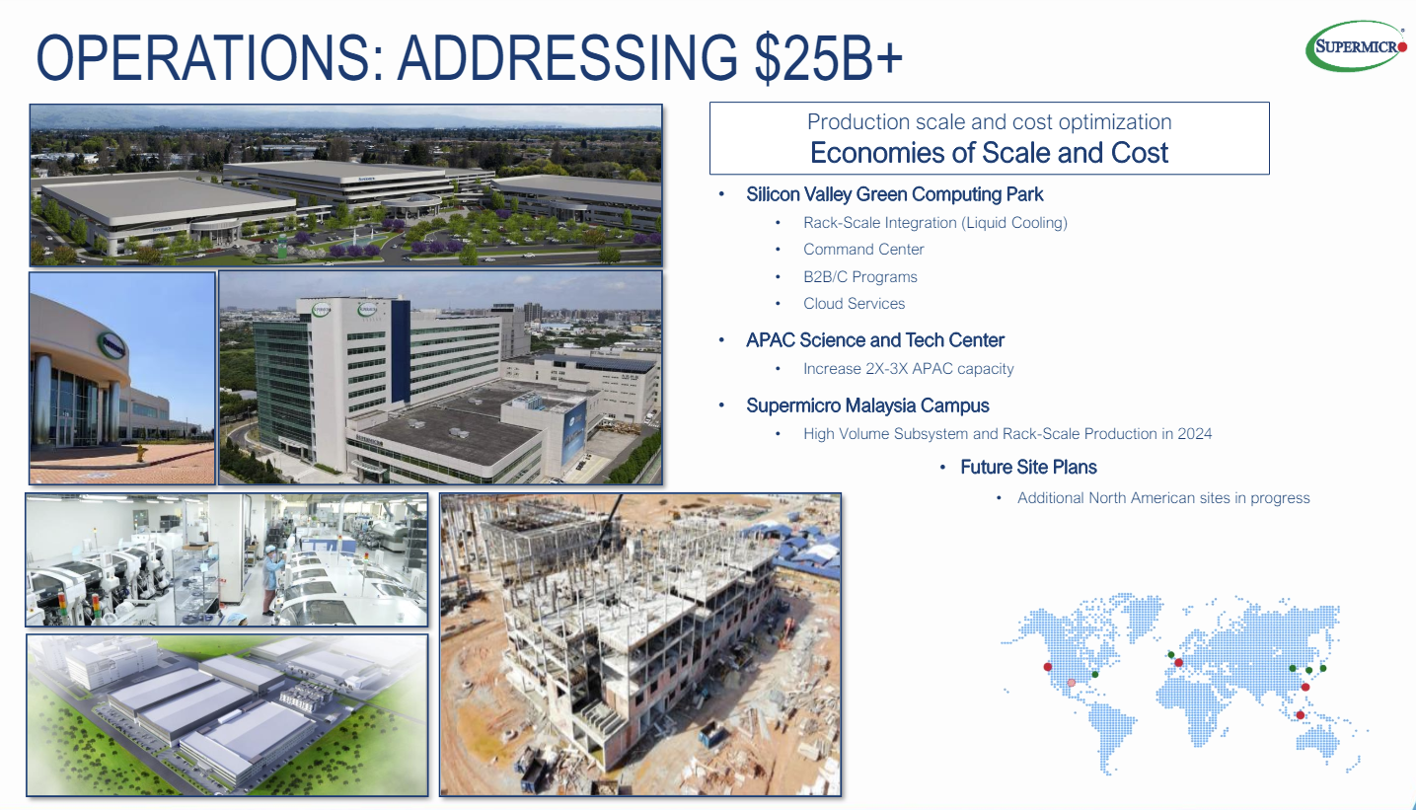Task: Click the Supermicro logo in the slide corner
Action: coord(1356,46)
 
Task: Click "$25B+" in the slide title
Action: coord(829,57)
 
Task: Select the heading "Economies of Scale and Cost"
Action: coord(990,153)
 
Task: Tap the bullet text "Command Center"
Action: coord(863,250)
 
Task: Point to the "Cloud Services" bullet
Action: coord(854,304)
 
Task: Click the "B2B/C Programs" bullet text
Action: coord(860,276)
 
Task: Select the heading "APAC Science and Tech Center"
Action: coord(875,340)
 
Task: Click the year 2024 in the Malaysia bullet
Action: coord(1194,434)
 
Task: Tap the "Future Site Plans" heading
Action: coord(1028,468)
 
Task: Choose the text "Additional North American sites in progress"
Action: coord(1163,498)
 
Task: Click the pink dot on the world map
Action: coord(1071,683)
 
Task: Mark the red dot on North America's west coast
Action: coord(1048,667)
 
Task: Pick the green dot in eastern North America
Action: coord(1095,675)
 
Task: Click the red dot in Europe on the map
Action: coord(1178,663)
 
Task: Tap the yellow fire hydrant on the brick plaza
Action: coord(141,452)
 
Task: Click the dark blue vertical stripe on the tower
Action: coord(401,350)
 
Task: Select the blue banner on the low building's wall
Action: coord(574,428)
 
